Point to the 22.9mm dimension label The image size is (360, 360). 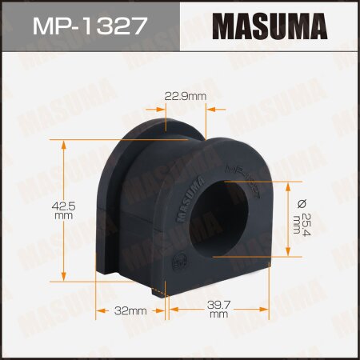pyautogui.click(x=186, y=97)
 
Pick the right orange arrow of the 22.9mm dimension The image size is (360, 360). pyautogui.click(x=217, y=111)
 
